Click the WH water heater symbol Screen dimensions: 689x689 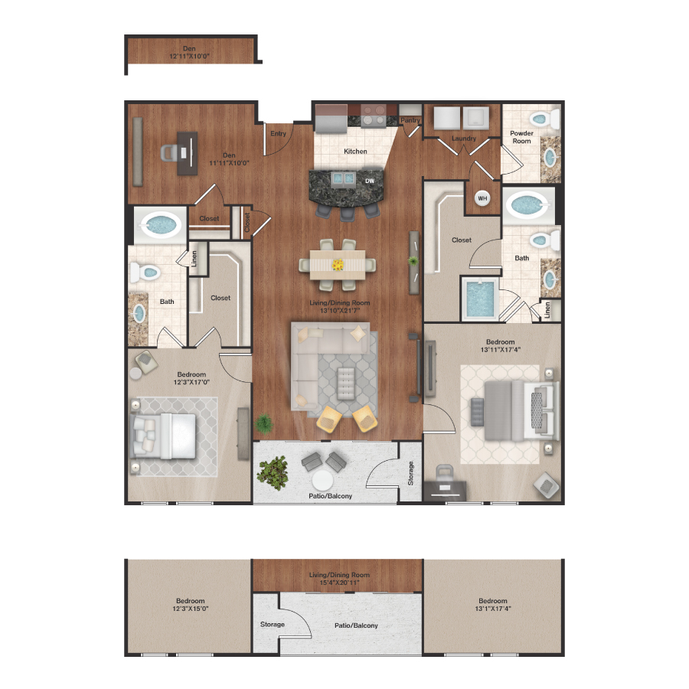[483, 198]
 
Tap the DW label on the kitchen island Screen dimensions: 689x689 [370, 181]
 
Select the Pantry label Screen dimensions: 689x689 [411, 120]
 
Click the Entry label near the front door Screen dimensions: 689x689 [278, 134]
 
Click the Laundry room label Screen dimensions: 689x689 [464, 139]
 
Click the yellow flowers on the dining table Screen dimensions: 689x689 [338, 265]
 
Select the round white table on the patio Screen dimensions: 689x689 [322, 480]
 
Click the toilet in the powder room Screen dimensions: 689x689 [544, 119]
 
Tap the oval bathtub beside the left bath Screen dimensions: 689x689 [162, 225]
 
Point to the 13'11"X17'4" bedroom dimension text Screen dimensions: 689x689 [500, 350]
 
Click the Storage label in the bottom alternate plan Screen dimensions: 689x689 [273, 625]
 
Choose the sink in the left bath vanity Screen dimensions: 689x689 [139, 314]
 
